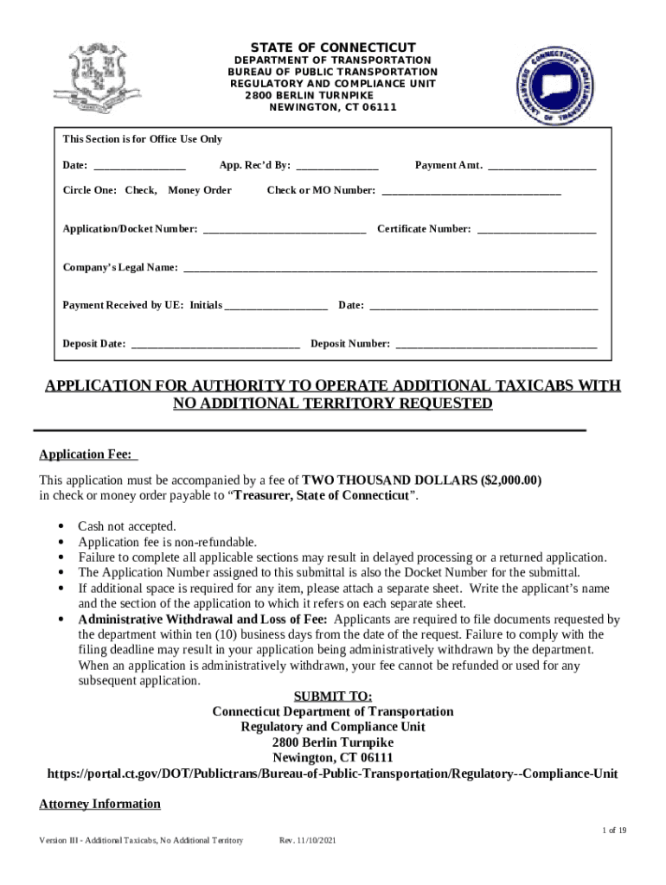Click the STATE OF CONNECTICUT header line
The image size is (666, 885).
pos(333,47)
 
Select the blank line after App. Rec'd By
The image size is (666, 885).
pos(337,165)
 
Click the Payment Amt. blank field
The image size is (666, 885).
pos(541,165)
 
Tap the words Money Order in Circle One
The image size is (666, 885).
pos(200,190)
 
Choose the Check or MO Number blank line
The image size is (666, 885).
pos(471,191)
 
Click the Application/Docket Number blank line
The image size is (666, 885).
pos(284,230)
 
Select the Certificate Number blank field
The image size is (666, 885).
pos(536,230)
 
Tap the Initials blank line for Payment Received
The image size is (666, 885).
pos(276,306)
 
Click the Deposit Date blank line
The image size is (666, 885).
pos(215,344)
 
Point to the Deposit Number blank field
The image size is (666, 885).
pos(496,344)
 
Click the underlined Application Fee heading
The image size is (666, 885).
pos(87,455)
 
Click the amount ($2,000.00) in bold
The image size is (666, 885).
pos(511,480)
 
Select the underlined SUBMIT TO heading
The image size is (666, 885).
pos(333,696)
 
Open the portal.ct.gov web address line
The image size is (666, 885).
pos(333,774)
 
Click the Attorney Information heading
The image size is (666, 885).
pos(100,804)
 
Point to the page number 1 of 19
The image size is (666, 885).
pos(614,831)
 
